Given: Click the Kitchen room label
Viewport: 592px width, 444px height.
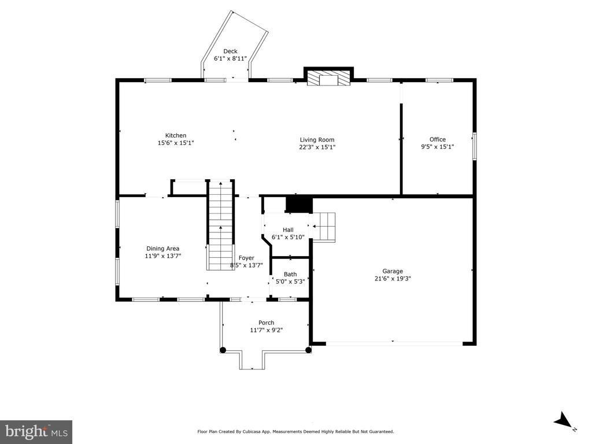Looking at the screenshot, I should pyautogui.click(x=175, y=135).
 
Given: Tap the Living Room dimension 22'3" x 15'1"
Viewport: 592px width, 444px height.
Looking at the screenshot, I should pyautogui.click(x=317, y=147).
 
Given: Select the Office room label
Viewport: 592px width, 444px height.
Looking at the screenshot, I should pyautogui.click(x=437, y=139).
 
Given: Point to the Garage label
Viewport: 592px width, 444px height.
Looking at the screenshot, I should pyautogui.click(x=392, y=271).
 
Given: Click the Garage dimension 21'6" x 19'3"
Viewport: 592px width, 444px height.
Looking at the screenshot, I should pyautogui.click(x=392, y=279).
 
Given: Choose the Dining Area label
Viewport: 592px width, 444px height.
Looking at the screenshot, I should pyautogui.click(x=162, y=249).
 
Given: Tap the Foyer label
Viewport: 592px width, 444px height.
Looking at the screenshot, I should pyautogui.click(x=246, y=258).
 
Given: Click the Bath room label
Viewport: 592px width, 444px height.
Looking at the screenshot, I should pyautogui.click(x=290, y=275).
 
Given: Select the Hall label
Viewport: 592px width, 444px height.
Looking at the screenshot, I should pyautogui.click(x=288, y=230).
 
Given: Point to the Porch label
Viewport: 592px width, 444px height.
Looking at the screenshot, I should pyautogui.click(x=266, y=323).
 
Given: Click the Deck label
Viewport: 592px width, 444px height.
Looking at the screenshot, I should pyautogui.click(x=230, y=51).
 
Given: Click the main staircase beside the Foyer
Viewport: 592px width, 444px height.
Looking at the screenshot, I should pyautogui.click(x=220, y=225).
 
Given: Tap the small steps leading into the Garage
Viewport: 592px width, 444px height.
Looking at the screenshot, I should pyautogui.click(x=324, y=226).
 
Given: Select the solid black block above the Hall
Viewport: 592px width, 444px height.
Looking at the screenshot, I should pyautogui.click(x=299, y=204).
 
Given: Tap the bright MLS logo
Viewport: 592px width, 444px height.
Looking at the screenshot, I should pyautogui.click(x=36, y=431).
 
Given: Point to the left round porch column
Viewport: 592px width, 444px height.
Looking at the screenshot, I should pyautogui.click(x=223, y=349).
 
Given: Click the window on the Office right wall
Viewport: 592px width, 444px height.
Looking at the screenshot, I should pyautogui.click(x=474, y=146).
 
